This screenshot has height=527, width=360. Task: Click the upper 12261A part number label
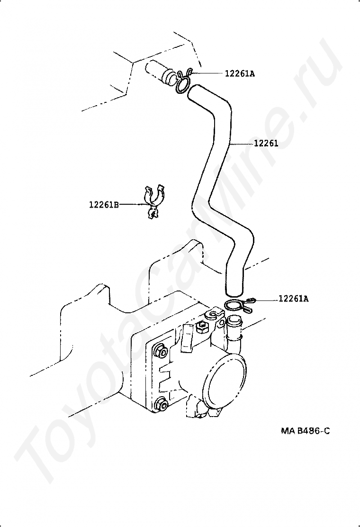(240, 73)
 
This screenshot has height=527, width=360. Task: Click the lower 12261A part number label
(294, 299)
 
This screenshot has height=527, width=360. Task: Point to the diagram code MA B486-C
(305, 431)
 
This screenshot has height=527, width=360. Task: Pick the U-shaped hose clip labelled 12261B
(153, 201)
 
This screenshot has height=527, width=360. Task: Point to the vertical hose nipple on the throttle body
(234, 332)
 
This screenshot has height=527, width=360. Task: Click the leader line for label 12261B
(132, 204)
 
